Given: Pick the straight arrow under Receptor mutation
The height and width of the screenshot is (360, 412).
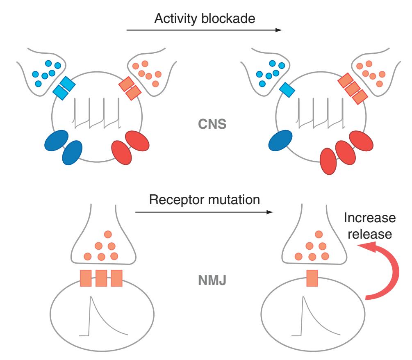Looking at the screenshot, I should point(203,212).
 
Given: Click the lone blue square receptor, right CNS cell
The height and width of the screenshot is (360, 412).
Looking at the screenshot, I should point(287,89).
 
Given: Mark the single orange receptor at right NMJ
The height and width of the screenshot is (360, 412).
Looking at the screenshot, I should point(312,278).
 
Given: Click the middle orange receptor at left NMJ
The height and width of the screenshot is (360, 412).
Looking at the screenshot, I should point(101,278).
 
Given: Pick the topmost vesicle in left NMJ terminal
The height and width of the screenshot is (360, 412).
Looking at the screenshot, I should point(108,234).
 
